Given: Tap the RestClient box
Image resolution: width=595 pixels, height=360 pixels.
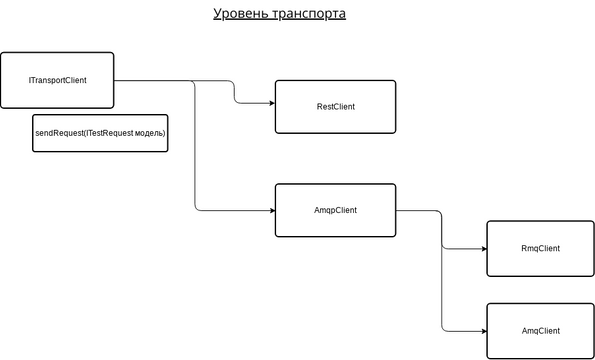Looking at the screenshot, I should tap(335, 105).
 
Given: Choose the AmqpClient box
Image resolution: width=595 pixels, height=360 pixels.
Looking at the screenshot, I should tap(335, 210).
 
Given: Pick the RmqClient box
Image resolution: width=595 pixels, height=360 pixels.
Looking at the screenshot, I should tap(540, 248).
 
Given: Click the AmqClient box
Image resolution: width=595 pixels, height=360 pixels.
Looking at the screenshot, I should tap(540, 330).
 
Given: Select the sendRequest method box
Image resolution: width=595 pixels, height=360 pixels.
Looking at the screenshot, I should tap(100, 133).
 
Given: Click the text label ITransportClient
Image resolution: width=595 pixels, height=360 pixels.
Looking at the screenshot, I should tap(57, 79).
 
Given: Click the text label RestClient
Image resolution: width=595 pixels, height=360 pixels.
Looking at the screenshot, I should tap(335, 105).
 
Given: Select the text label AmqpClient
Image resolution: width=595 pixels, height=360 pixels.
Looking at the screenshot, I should tap(335, 210).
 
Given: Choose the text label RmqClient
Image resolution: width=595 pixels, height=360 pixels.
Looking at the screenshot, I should tap(540, 248).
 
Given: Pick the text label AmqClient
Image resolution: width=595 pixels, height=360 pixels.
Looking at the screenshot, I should tap(540, 330).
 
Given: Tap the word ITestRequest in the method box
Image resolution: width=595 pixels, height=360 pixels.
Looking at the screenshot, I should tap(107, 133).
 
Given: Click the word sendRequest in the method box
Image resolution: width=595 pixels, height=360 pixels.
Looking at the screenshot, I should tap(58, 133).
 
